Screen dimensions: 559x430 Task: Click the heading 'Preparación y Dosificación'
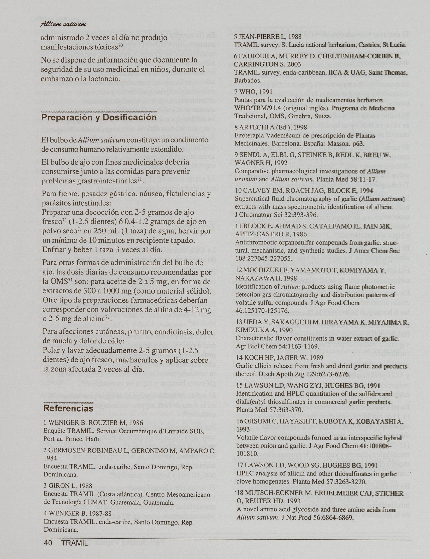99,117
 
